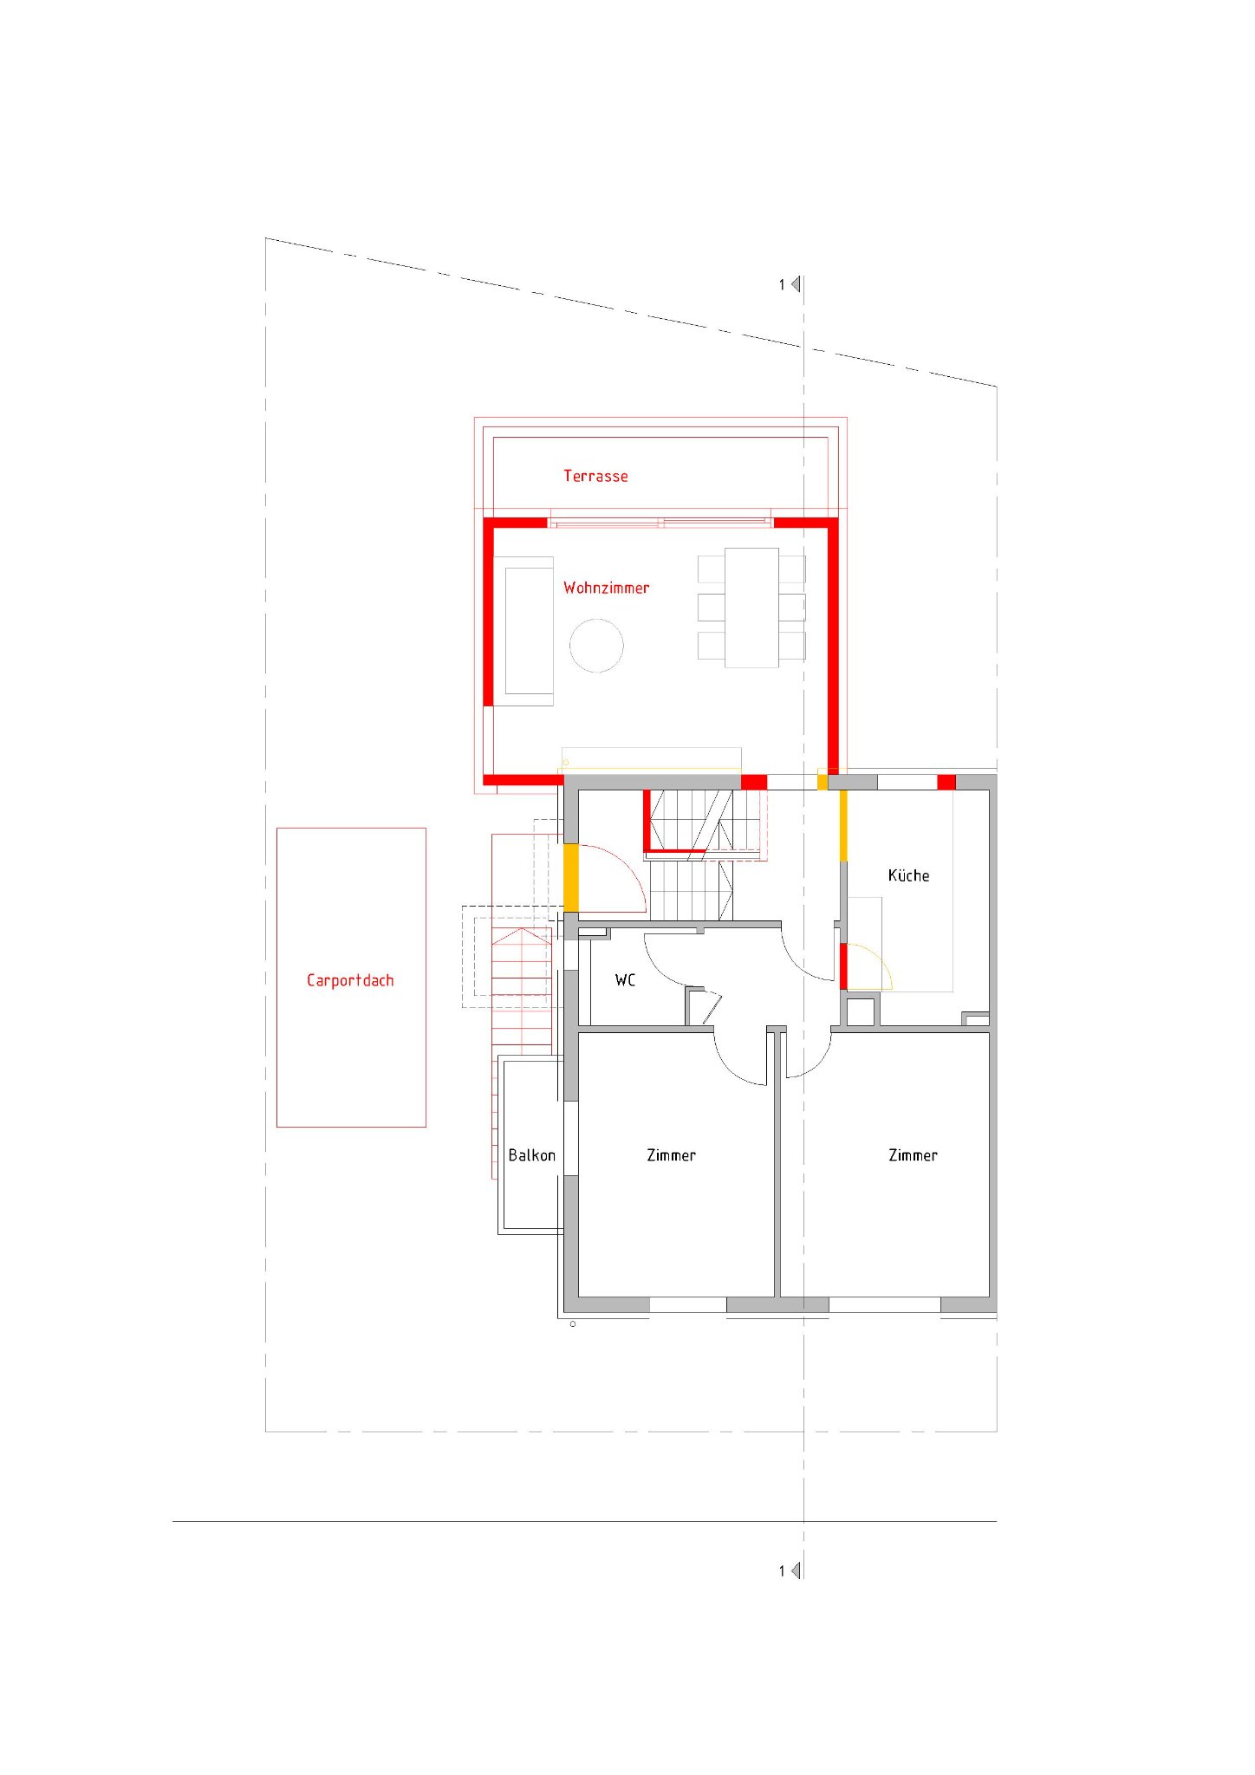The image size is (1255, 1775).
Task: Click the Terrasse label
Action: coord(595,476)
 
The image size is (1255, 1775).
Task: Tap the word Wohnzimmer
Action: coord(606,588)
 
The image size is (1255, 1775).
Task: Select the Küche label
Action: coord(908,875)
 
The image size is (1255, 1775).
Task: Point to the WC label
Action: coord(625,980)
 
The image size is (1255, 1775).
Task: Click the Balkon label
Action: coord(531,1155)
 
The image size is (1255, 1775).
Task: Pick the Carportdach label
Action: coord(350,980)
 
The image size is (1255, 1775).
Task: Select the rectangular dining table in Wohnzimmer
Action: coord(751,608)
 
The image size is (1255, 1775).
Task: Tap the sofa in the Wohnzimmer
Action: coord(523,631)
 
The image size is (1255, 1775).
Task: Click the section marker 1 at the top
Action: coord(790,284)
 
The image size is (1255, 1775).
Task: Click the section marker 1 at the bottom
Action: coord(790,1570)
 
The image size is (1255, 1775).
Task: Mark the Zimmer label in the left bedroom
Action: coord(671,1155)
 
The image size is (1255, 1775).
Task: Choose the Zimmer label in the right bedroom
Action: coord(913,1155)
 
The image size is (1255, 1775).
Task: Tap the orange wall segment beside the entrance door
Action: coord(571,877)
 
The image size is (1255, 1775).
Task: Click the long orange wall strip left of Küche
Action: coord(843,825)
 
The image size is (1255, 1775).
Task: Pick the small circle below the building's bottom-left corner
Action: coord(572,1324)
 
